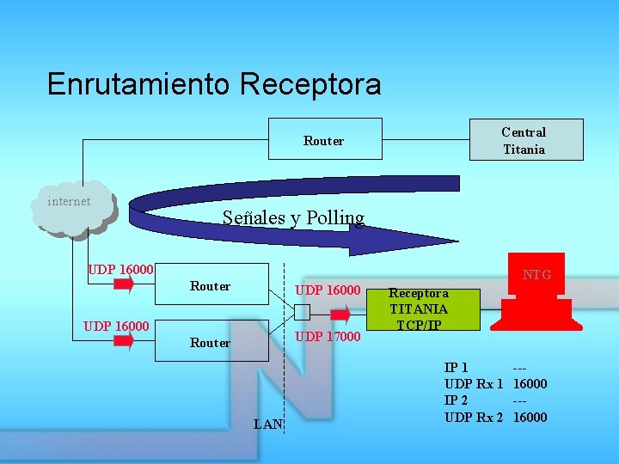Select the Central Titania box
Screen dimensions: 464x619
tap(524, 140)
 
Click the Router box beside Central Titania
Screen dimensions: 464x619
tap(323, 140)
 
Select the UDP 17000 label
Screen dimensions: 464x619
tap(328, 336)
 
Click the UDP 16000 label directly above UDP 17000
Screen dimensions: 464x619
tap(328, 290)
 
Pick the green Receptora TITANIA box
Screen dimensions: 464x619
tap(423, 308)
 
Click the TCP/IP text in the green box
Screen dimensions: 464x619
tap(419, 325)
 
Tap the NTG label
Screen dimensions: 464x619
tap(537, 275)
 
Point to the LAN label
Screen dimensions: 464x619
tap(268, 424)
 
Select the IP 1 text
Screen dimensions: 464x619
tap(457, 368)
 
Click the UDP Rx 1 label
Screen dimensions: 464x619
tap(473, 384)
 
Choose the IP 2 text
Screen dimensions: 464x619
tap(457, 400)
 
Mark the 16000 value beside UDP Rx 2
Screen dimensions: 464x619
tap(530, 417)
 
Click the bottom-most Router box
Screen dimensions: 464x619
tap(211, 342)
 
